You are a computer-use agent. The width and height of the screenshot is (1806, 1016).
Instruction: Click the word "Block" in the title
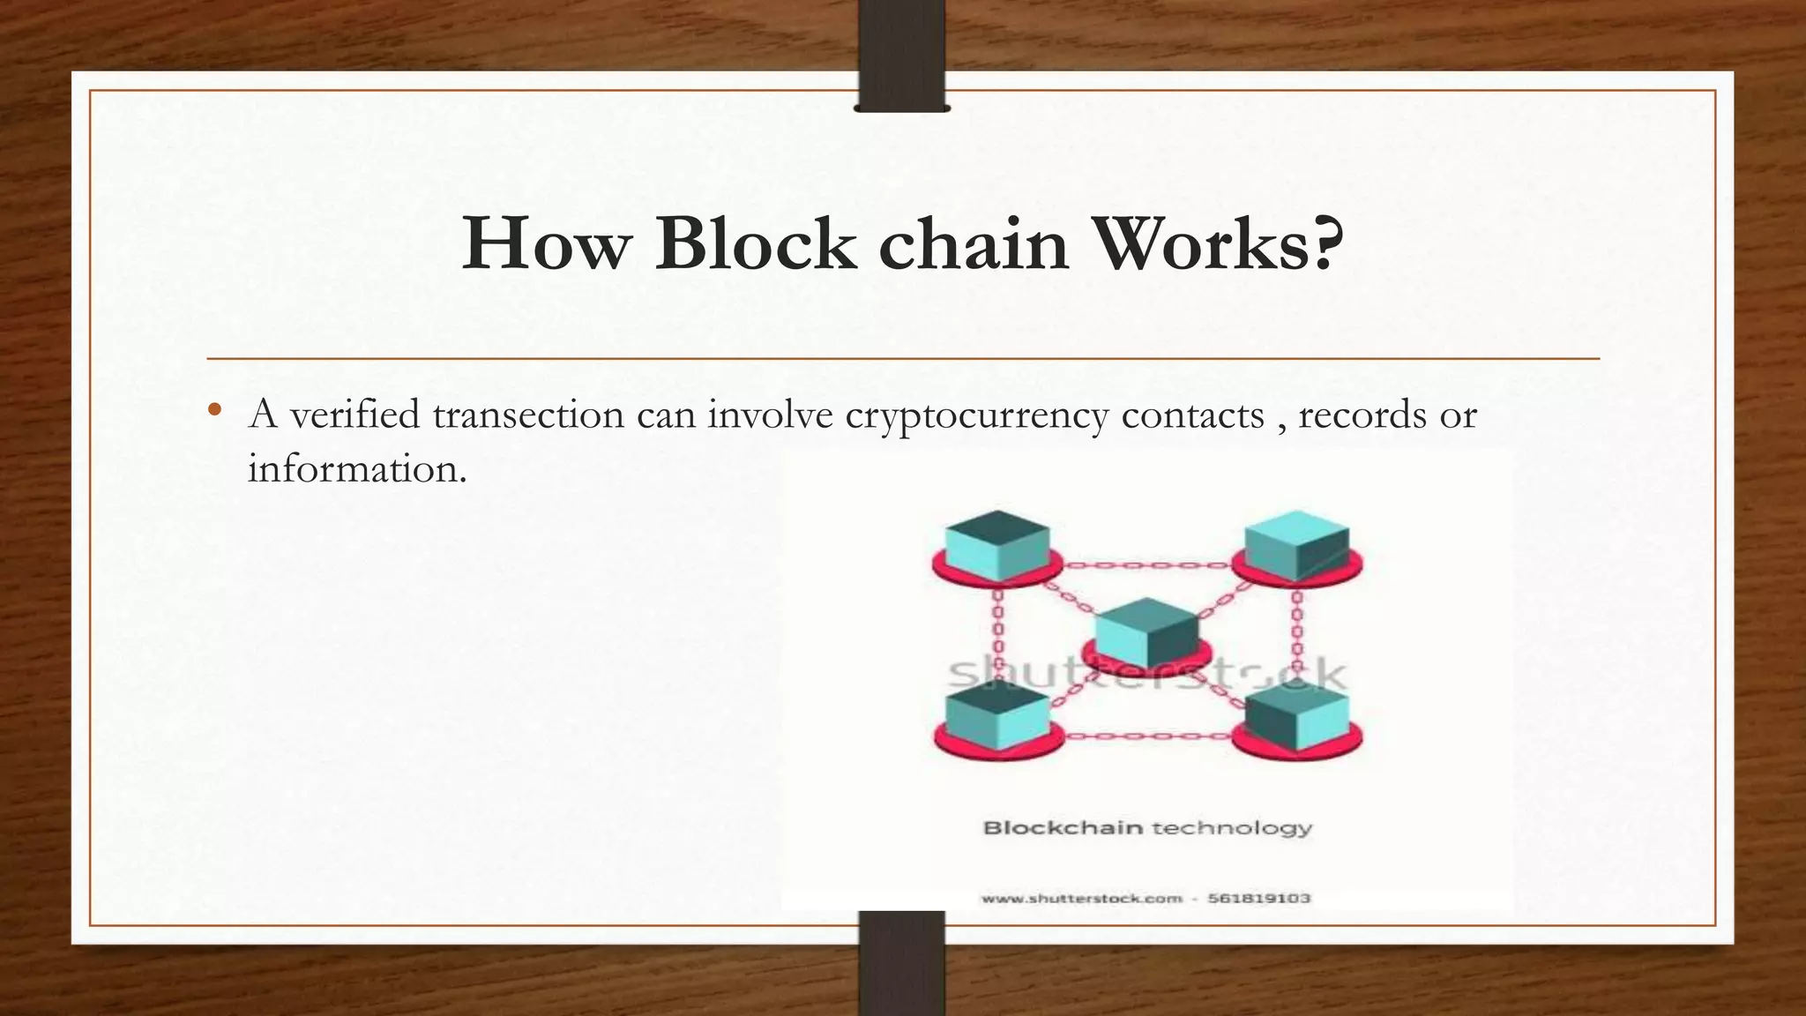coord(755,243)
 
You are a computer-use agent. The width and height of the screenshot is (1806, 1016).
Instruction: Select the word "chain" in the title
coord(974,243)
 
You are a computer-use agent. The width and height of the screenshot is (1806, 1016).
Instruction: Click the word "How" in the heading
coord(547,243)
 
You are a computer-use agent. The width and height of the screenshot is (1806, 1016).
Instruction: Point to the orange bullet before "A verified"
coord(214,411)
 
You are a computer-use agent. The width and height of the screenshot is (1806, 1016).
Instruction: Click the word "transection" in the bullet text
coord(528,415)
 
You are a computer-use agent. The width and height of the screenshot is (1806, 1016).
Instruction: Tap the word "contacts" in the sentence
coord(1192,415)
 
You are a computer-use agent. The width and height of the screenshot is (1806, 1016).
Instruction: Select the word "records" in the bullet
coord(1362,415)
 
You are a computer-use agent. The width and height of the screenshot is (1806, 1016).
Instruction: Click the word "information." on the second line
coord(356,468)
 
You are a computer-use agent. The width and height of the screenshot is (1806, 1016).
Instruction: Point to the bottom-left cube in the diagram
coord(997,716)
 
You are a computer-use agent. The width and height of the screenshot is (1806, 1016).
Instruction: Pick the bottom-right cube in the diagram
coord(1296,716)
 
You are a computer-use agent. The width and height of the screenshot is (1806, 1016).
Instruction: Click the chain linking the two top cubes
coord(1146,565)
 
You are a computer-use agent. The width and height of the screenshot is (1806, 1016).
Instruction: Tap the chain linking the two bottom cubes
coord(1146,736)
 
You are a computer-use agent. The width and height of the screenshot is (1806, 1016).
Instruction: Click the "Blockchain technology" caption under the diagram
coord(1147,828)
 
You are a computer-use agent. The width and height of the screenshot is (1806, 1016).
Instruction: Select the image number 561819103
coord(1258,899)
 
